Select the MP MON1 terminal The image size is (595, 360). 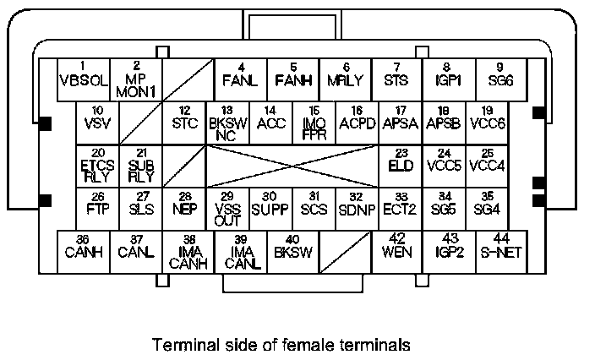pyautogui.click(x=136, y=79)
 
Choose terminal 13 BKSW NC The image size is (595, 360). pyautogui.click(x=227, y=123)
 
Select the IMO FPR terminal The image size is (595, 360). pyautogui.click(x=314, y=123)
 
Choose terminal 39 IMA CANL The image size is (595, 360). pyautogui.click(x=241, y=251)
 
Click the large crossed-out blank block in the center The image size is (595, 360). pyautogui.click(x=292, y=165)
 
